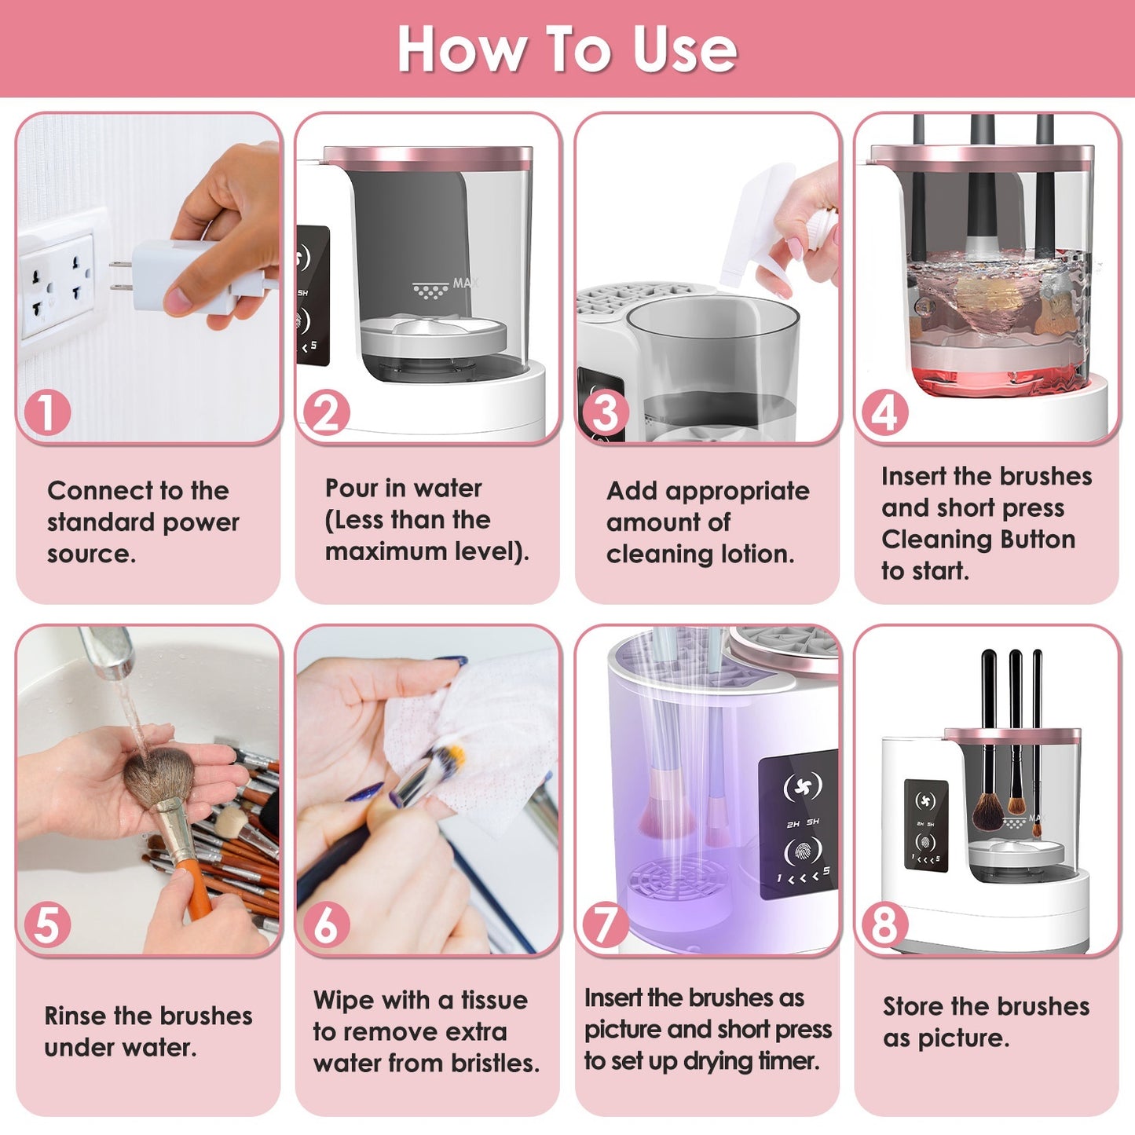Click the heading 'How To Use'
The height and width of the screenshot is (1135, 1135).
(x=567, y=49)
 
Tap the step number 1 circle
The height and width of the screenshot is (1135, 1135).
(x=47, y=412)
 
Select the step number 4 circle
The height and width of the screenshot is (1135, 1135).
(x=885, y=412)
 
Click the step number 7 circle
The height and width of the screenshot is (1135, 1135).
(x=606, y=924)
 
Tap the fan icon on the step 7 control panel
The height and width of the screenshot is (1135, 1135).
(x=803, y=786)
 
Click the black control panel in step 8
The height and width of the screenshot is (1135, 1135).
(x=925, y=825)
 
